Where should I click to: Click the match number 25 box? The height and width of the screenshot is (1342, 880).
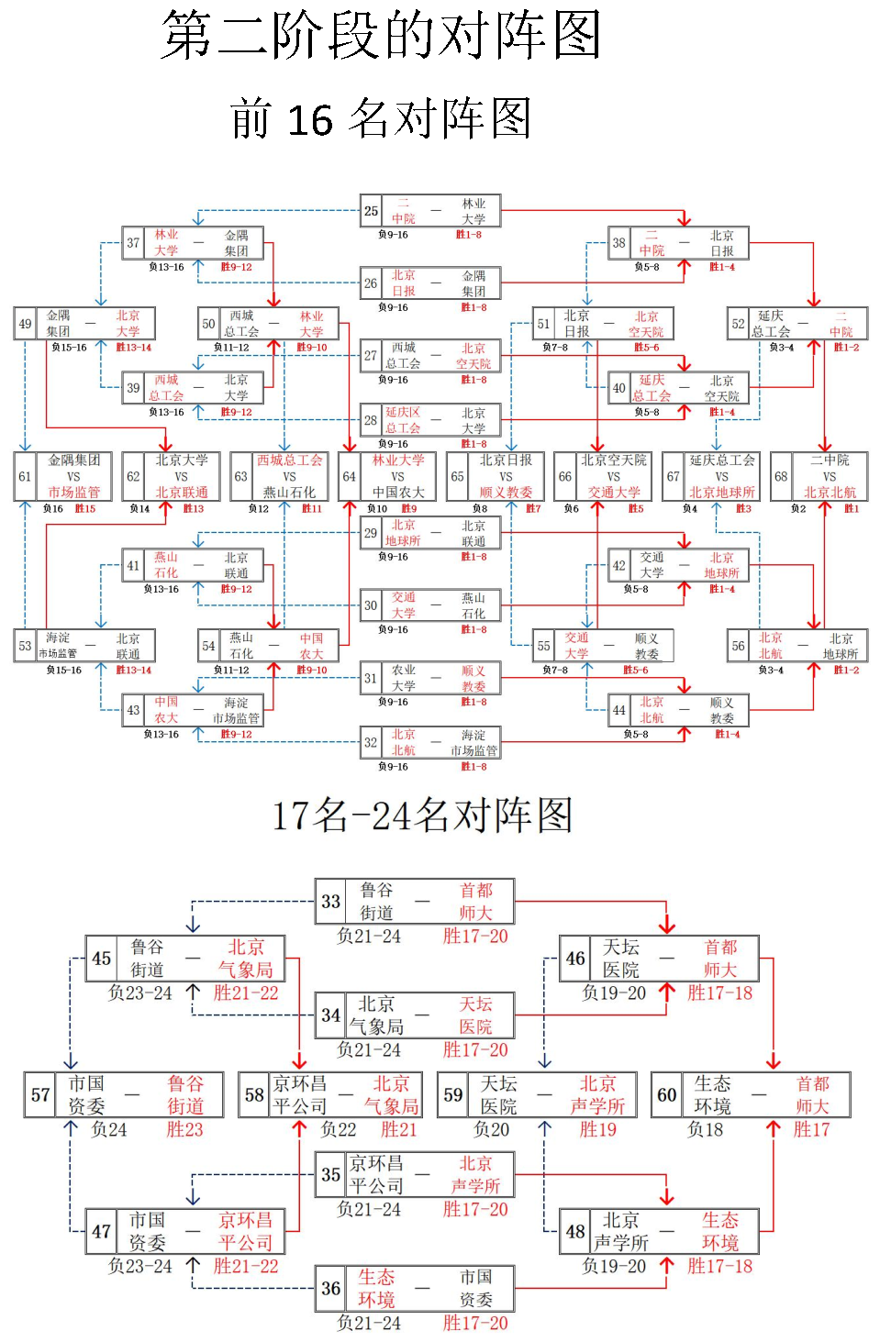click(x=371, y=211)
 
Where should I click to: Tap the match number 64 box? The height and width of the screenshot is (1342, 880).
click(x=349, y=476)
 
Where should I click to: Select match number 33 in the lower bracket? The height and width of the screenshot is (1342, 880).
click(x=330, y=902)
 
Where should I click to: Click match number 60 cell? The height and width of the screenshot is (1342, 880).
click(x=667, y=1094)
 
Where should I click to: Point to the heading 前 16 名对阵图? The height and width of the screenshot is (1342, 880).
click(x=381, y=119)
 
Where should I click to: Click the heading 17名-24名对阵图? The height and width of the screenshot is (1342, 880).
click(x=422, y=815)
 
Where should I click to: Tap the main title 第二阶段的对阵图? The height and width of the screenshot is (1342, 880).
click(x=381, y=37)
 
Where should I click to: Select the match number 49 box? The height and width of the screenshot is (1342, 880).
click(x=25, y=324)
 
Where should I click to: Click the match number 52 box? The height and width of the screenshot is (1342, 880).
click(x=739, y=324)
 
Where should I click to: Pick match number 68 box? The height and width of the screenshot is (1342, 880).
click(x=781, y=476)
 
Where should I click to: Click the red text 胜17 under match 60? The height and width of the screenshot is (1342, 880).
click(x=811, y=1129)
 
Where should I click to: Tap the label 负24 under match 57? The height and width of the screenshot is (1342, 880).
click(x=109, y=1129)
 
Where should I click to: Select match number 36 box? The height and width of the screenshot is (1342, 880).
click(x=330, y=1288)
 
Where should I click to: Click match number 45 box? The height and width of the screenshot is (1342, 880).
click(x=101, y=959)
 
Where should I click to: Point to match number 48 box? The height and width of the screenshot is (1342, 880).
click(x=575, y=1231)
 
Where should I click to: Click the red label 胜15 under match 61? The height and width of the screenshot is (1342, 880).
click(x=85, y=508)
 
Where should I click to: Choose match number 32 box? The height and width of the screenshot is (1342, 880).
click(x=371, y=743)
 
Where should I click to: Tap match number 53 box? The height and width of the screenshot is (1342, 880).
click(x=25, y=645)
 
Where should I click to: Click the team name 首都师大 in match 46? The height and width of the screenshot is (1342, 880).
click(x=720, y=959)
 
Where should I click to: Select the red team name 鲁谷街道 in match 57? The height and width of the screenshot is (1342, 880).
click(x=185, y=1094)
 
